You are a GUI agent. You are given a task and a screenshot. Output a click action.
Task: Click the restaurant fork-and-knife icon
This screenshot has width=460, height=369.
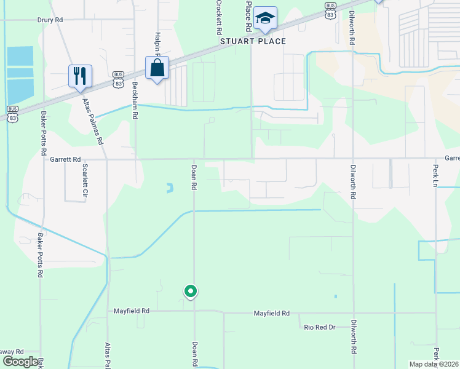click(80, 76)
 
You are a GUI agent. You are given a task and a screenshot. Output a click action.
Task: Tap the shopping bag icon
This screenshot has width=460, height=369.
click(157, 68)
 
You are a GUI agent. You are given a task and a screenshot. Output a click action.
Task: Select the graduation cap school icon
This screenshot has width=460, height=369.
click(265, 18)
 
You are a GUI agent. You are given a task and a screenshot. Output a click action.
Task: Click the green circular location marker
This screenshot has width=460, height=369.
click(191, 291)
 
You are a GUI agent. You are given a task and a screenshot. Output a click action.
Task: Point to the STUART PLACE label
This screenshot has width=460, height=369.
click(253, 41)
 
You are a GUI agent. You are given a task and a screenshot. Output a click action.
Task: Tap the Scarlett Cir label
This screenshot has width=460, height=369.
click(85, 182)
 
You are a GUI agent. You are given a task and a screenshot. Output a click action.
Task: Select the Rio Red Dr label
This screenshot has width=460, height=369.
click(319, 327)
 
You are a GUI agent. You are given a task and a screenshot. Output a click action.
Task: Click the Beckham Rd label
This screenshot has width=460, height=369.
click(135, 101)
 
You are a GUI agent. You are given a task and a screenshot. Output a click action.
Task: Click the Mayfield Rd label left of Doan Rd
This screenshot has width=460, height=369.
click(132, 311)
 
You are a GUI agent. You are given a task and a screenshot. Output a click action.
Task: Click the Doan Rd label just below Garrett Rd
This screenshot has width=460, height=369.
click(194, 177)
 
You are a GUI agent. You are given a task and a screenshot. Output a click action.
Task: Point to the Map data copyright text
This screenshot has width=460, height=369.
click(434, 364)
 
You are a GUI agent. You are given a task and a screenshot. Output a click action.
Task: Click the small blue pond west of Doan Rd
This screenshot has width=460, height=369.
click(169, 188)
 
